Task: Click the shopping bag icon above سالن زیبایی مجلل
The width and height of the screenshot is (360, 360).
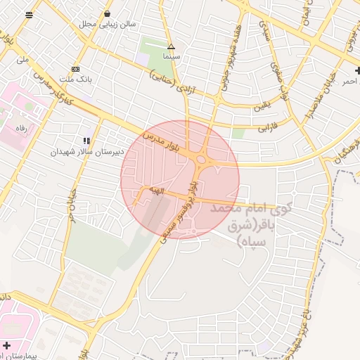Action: pos(107,13)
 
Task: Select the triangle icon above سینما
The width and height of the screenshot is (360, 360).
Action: pos(170,47)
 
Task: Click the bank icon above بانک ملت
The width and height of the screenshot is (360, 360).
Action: pos(75,69)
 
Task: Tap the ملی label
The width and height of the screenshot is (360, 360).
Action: pos(22,60)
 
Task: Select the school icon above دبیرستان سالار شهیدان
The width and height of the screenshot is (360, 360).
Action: pos(86,141)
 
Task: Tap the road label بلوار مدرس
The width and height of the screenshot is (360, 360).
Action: pos(162,140)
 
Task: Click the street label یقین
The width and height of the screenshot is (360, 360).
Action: pos(262,107)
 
